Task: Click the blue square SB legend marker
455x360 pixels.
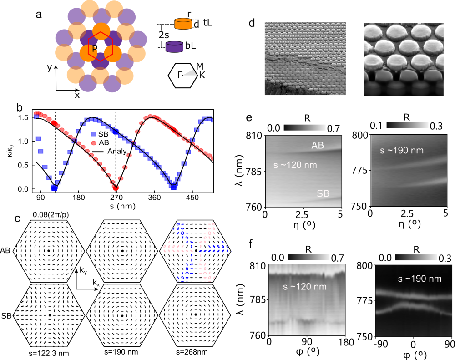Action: pyautogui.click(x=93, y=134)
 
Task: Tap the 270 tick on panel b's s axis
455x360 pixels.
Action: pyautogui.click(x=116, y=197)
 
